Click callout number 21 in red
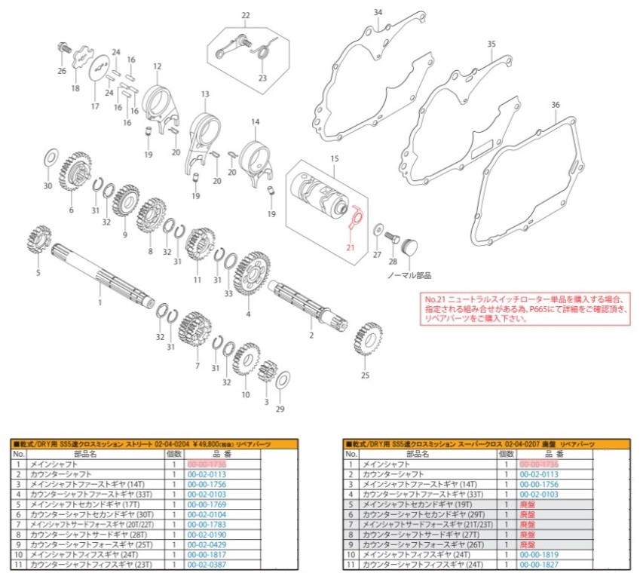tap(350, 247)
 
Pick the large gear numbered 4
tap(250, 274)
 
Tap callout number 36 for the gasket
tap(556, 105)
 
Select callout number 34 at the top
tap(378, 12)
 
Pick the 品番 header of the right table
tap(549, 454)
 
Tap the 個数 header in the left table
tap(174, 454)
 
